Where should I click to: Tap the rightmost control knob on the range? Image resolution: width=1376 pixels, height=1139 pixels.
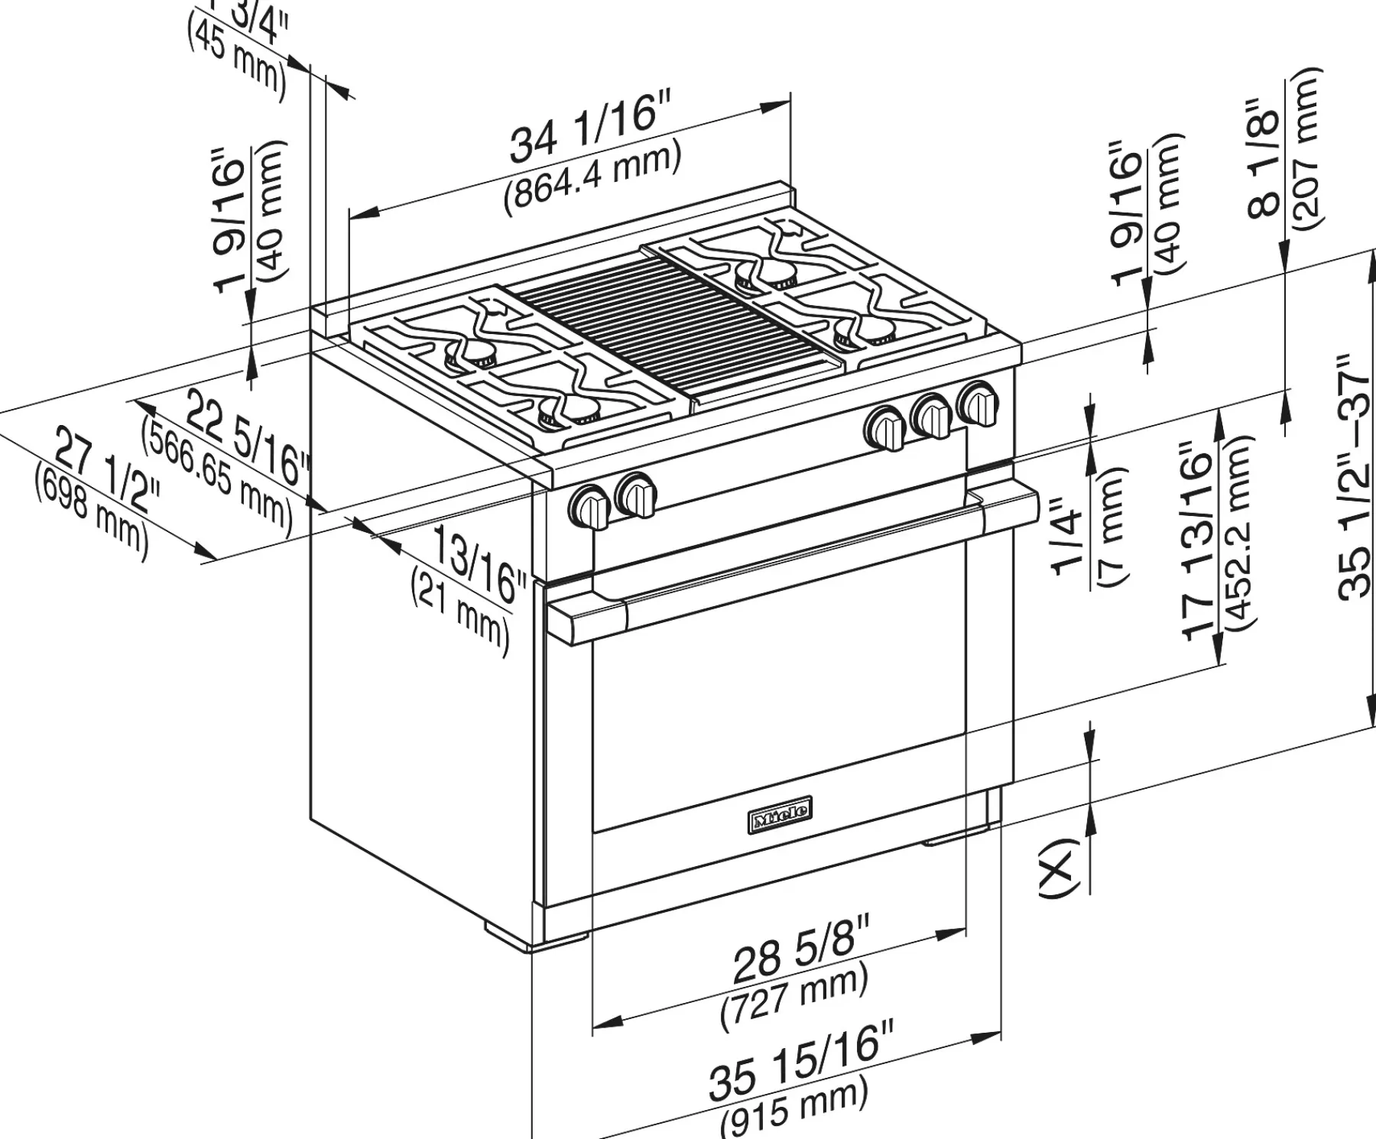coord(979,402)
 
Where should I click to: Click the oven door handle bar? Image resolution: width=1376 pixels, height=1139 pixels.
coord(795,562)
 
